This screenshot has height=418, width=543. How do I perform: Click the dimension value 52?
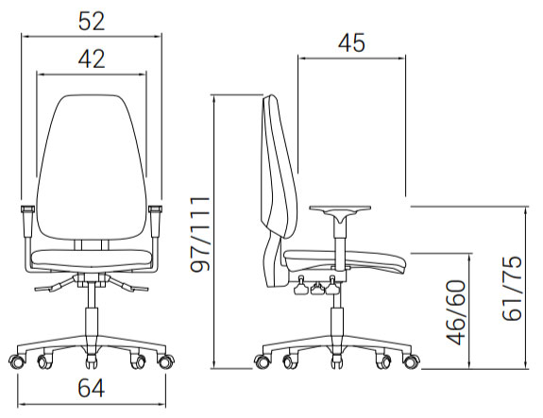tap(92, 22)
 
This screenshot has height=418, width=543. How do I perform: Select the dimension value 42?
tap(92, 59)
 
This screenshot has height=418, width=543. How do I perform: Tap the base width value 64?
tap(91, 388)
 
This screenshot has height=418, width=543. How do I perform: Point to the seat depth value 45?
tap(351, 43)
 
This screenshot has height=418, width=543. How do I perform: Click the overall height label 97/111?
tap(200, 234)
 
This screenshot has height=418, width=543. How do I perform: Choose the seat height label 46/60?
tap(456, 312)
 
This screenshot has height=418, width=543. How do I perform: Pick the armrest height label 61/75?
tap(512, 288)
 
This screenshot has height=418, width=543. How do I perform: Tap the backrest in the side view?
tap(279, 191)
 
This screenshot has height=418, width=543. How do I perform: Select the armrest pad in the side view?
tap(340, 209)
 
